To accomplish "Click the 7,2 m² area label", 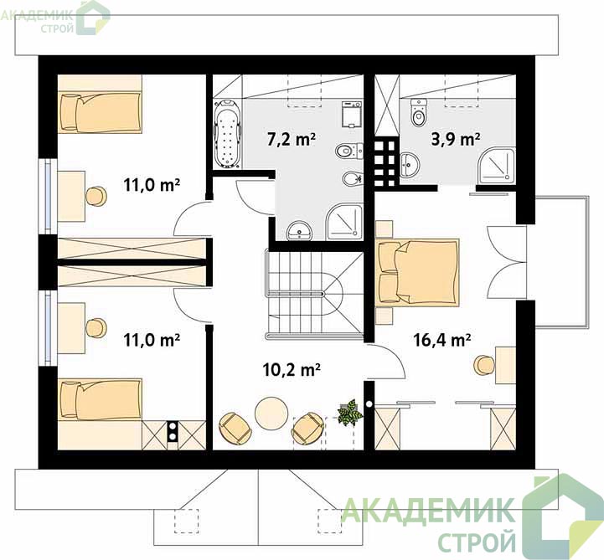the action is tap(292, 139).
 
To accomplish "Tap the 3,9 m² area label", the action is tap(456, 139).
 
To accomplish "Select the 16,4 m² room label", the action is tap(441, 340).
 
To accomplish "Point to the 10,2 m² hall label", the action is tap(292, 370).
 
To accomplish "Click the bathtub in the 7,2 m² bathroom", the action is tap(227, 134).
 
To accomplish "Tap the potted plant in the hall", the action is tap(350, 412).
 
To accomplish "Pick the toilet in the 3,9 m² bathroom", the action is tap(418, 112).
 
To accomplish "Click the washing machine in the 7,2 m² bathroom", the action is tap(352, 115).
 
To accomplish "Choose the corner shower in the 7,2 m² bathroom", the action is tap(344, 223).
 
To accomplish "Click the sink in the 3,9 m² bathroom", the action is tap(410, 165).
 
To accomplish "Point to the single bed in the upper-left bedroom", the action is tap(100, 112).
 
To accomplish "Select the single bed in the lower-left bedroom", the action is tap(100, 399).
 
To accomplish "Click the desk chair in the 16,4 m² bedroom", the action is tap(484, 365).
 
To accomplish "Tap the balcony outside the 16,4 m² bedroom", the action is tap(561, 262).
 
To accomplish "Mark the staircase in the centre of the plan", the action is tap(314, 295).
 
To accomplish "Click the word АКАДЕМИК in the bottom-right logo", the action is tap(428, 510).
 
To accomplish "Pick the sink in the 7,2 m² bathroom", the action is tap(300, 230).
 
